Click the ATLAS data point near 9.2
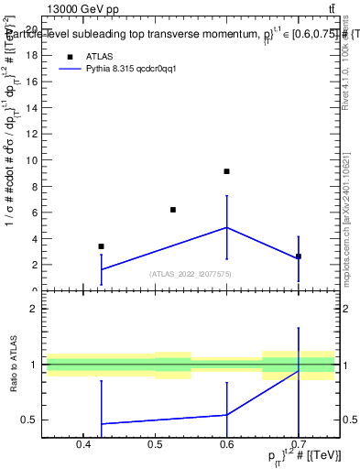pos(226,171)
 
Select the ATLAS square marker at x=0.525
pos(172,210)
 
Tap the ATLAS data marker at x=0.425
pos(101,246)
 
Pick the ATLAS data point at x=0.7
pos(298,256)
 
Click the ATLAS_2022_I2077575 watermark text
pos(191,274)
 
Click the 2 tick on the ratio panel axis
pos(37,309)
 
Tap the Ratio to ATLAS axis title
pos(12,365)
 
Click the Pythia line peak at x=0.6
pos(226,227)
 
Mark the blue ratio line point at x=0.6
pos(226,415)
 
